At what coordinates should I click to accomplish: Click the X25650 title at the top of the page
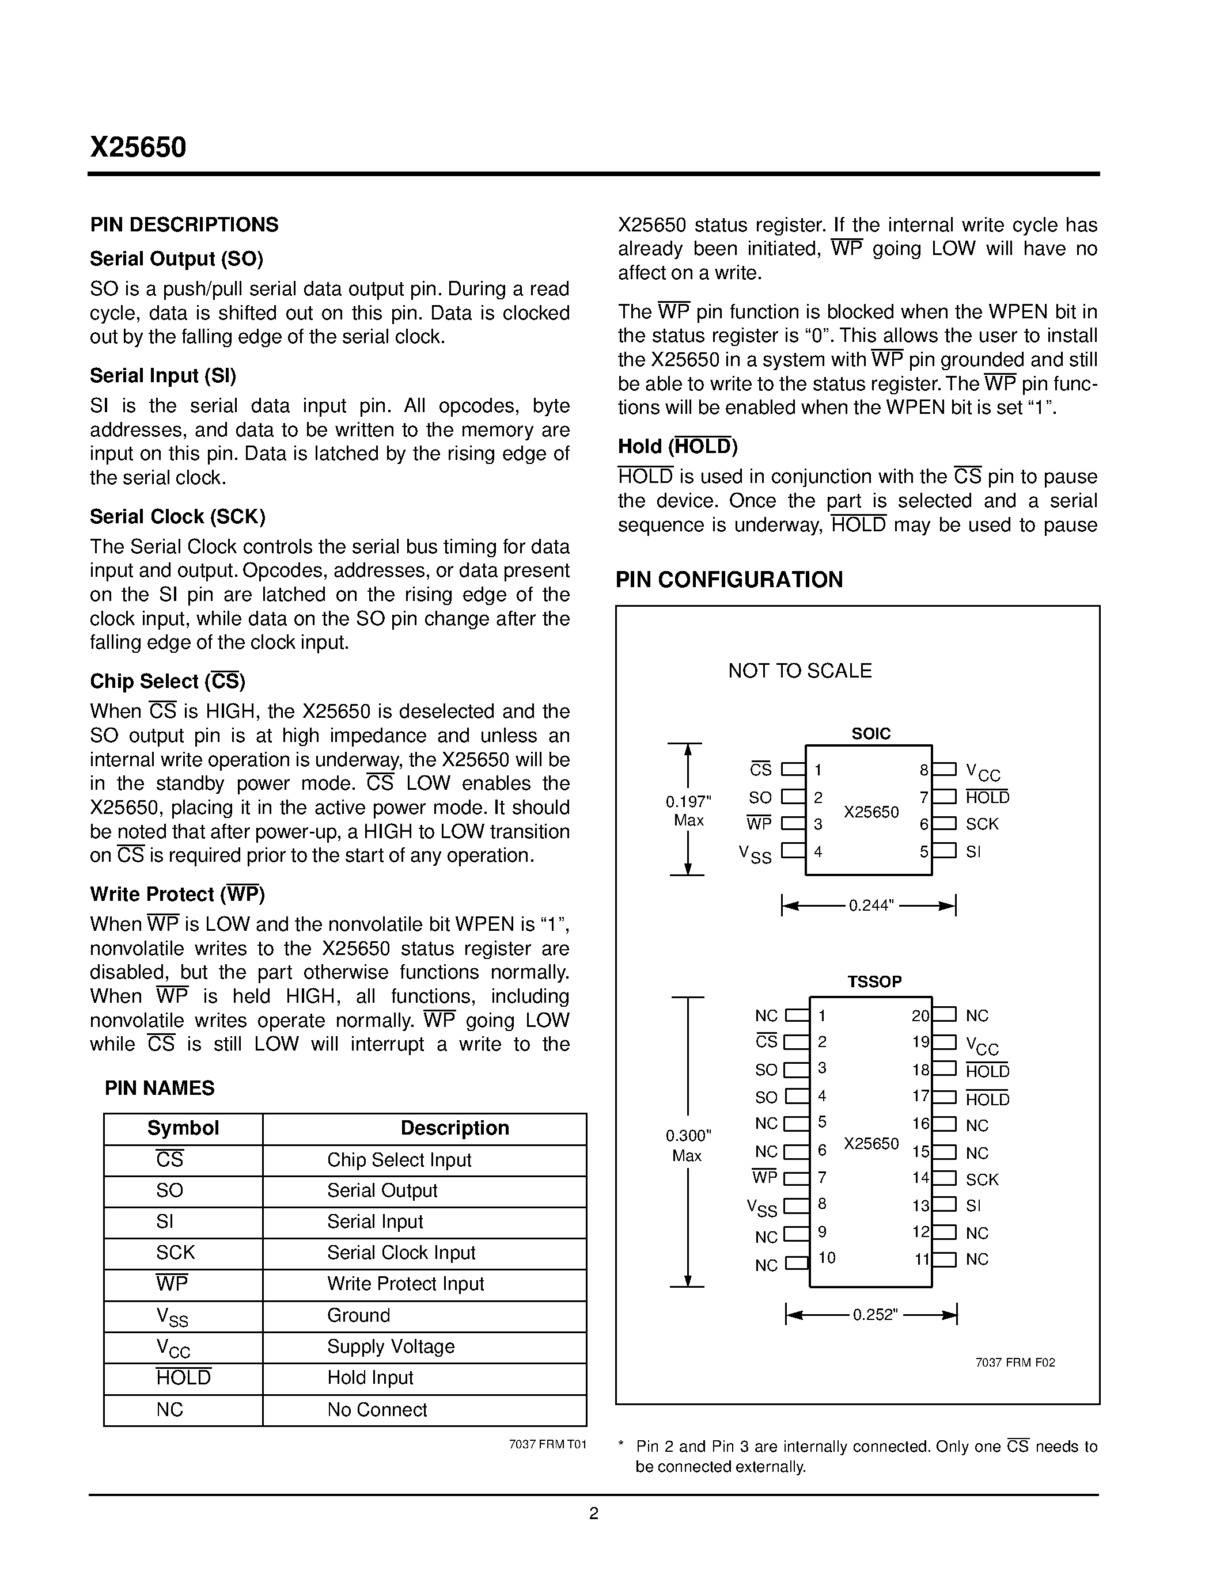coord(138,147)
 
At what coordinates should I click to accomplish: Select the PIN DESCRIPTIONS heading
coord(184,224)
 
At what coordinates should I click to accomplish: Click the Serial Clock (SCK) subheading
coord(177,517)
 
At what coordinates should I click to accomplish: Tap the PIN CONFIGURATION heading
coord(729,580)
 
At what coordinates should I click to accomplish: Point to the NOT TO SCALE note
coord(800,671)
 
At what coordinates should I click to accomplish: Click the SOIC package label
coord(870,733)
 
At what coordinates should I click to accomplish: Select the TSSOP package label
coord(874,981)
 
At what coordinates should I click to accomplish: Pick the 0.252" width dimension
coord(875,1315)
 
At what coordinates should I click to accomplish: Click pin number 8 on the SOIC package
coord(923,770)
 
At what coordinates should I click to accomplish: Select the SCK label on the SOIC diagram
coord(982,824)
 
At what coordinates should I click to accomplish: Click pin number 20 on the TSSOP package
coord(919,1016)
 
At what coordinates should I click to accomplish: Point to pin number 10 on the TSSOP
coord(827,1258)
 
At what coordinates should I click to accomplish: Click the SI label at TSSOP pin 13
coord(973,1205)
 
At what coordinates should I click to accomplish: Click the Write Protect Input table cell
coord(404,1284)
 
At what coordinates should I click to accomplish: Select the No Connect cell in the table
coord(377,1410)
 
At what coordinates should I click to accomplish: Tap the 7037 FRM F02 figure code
coord(1015,1363)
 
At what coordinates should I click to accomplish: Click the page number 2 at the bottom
coord(594,1513)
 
